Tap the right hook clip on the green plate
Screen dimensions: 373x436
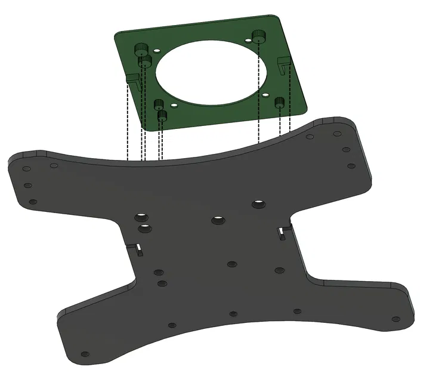pos(284,63)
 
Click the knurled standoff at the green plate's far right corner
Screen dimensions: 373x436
pos(258,36)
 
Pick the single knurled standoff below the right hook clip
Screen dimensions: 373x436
pos(279,103)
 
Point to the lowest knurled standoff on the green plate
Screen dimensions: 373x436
pos(162,116)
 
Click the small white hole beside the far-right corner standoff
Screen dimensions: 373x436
pos(248,41)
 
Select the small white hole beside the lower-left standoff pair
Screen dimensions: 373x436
pos(174,105)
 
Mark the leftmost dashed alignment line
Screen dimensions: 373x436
pos(127,122)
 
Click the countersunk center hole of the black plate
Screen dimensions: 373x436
pos(218,220)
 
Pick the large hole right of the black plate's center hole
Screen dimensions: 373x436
pos(258,204)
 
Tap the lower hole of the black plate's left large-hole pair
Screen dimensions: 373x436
pos(145,228)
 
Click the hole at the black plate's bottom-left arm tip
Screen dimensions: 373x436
pos(85,354)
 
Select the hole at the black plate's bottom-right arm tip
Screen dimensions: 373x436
pos(395,319)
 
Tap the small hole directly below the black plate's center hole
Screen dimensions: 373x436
pos(231,264)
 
